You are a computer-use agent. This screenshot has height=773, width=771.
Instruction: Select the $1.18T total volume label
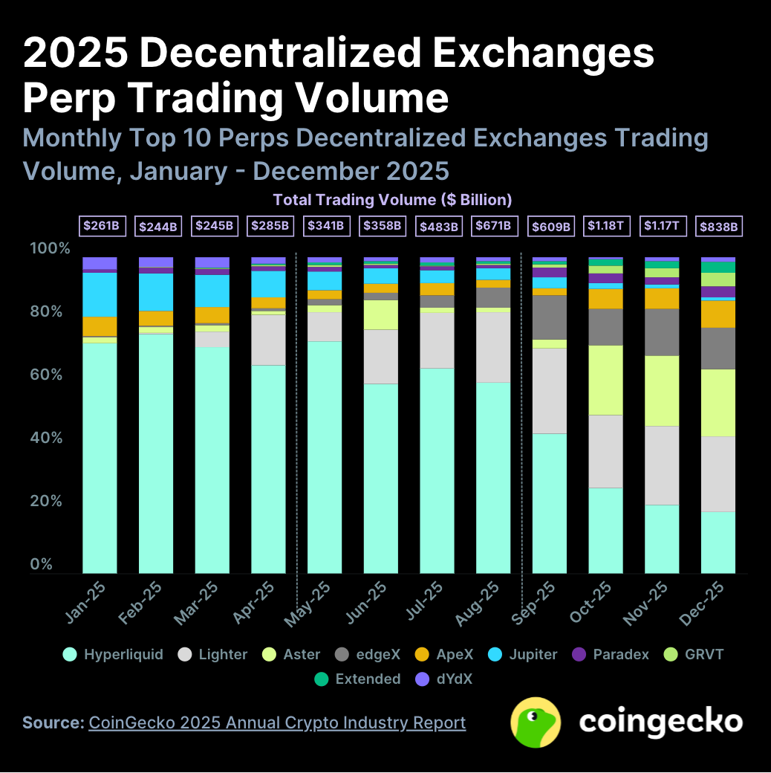[606, 225]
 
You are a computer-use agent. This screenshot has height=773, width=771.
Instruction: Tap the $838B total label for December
[718, 225]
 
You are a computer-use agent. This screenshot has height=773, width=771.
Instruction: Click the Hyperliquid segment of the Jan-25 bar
[100, 457]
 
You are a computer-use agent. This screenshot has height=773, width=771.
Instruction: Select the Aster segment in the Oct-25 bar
[605, 380]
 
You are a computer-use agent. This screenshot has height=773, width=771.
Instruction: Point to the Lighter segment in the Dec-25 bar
[718, 473]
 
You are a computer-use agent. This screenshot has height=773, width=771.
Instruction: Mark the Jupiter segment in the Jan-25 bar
[100, 294]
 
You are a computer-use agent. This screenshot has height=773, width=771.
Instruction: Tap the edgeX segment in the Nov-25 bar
[662, 331]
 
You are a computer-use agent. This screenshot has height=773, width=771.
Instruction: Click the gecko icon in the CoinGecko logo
[536, 722]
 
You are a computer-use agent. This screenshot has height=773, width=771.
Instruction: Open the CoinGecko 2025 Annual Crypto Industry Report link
[277, 722]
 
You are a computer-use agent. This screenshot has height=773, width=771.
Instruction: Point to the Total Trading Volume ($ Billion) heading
[392, 200]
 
